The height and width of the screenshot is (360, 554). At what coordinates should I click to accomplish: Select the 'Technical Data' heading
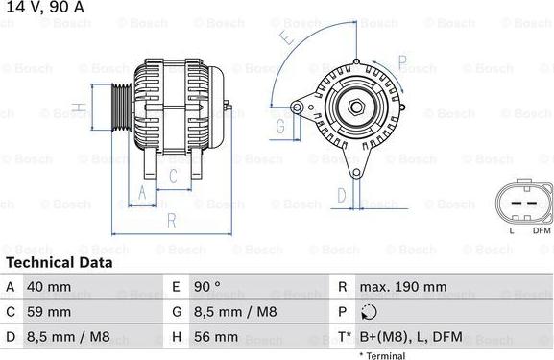click(59, 262)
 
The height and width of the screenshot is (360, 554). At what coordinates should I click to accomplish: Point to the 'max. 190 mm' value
click(403, 287)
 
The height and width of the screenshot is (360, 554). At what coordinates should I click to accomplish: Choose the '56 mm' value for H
click(218, 338)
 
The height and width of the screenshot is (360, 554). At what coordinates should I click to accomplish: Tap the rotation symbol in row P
click(370, 313)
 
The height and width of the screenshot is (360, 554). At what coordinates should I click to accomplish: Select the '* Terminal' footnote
click(382, 355)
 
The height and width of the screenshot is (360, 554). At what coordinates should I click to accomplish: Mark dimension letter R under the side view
click(170, 220)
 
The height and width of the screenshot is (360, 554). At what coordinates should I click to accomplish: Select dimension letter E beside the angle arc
click(286, 39)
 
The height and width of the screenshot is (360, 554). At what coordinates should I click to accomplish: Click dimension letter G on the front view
click(281, 126)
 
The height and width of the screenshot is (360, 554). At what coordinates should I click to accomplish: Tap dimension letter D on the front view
click(341, 197)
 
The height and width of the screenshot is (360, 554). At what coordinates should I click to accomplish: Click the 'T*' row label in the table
click(343, 338)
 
